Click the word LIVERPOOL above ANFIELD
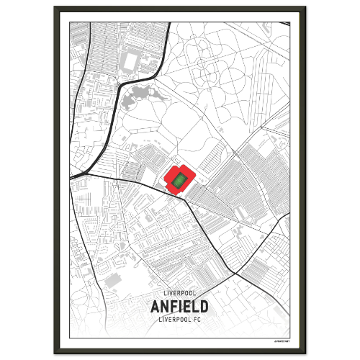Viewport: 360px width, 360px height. coord(180,294)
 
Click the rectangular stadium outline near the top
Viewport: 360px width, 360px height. coord(132,59)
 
